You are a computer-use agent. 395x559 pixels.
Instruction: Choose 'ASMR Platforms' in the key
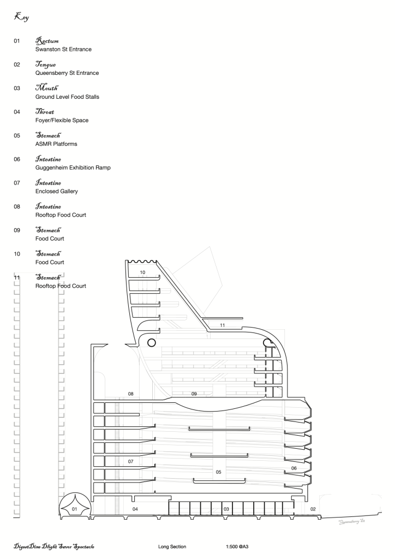click(56, 144)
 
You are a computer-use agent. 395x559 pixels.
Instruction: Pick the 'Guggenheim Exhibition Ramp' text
click(73, 168)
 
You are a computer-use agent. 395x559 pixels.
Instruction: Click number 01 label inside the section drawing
click(75, 509)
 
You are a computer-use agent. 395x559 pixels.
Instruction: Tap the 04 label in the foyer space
click(135, 509)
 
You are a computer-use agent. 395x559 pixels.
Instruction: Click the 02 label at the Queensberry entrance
click(313, 509)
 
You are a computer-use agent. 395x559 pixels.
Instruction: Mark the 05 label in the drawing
click(218, 472)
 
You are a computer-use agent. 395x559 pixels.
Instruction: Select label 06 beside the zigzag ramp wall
click(294, 468)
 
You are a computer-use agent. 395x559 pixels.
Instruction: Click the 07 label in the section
click(130, 461)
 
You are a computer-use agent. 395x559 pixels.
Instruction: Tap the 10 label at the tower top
click(142, 271)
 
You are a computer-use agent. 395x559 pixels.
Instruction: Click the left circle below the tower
click(152, 342)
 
